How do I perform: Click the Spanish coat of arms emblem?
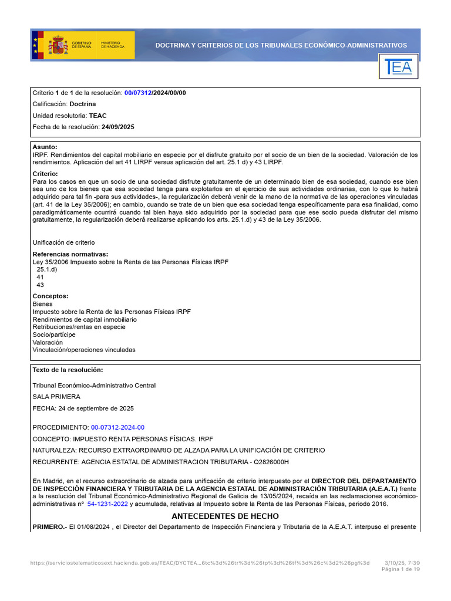[58, 45]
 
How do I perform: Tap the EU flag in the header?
[35, 45]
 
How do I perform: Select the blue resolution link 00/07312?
[138, 93]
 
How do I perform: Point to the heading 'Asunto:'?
[45, 147]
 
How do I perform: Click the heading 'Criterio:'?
[45, 174]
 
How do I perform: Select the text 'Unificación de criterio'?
[63, 242]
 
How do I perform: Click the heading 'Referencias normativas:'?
[70, 254]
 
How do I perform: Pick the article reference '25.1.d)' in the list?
[47, 269]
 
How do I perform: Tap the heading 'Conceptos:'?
[51, 296]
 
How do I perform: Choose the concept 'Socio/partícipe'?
[54, 335]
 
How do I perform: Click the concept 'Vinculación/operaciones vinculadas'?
[84, 350]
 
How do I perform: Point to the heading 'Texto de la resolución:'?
[68, 370]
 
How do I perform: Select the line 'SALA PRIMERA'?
[56, 397]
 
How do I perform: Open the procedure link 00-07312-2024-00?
[117, 427]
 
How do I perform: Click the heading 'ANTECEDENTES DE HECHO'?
[225, 516]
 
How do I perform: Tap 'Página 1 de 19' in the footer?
[400, 569]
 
